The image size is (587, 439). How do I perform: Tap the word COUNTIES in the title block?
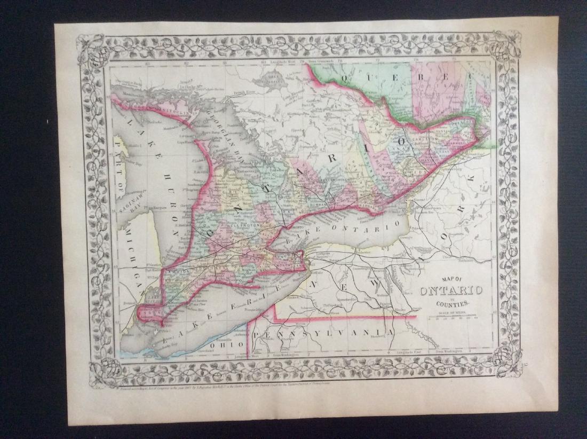tap(452, 303)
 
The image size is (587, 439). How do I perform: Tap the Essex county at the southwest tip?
tap(152, 312)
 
